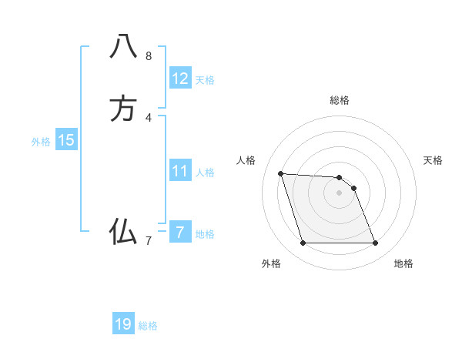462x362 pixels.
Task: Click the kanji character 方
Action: point(123,109)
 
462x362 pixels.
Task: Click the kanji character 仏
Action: point(123,231)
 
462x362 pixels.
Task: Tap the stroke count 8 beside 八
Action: point(148,56)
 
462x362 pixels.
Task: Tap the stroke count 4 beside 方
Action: point(148,118)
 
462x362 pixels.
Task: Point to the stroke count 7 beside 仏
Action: point(148,241)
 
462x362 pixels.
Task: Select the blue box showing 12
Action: point(180,79)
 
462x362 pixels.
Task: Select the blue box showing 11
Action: point(180,171)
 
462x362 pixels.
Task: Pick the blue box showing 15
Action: point(66,140)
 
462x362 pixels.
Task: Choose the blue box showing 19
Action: point(123,324)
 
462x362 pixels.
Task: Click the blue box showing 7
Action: point(180,232)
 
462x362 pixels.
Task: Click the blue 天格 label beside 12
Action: point(205,80)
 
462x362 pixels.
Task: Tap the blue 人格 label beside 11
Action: point(205,173)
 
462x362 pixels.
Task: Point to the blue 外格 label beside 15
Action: point(41,142)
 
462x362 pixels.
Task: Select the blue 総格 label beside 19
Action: point(148,326)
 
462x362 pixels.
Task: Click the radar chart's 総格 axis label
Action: point(340,100)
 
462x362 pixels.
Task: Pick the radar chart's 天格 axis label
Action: point(433,160)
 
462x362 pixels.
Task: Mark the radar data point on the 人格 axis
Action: point(280,173)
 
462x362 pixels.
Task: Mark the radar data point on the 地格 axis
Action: point(376,243)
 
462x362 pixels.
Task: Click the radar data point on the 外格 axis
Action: point(303,243)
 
